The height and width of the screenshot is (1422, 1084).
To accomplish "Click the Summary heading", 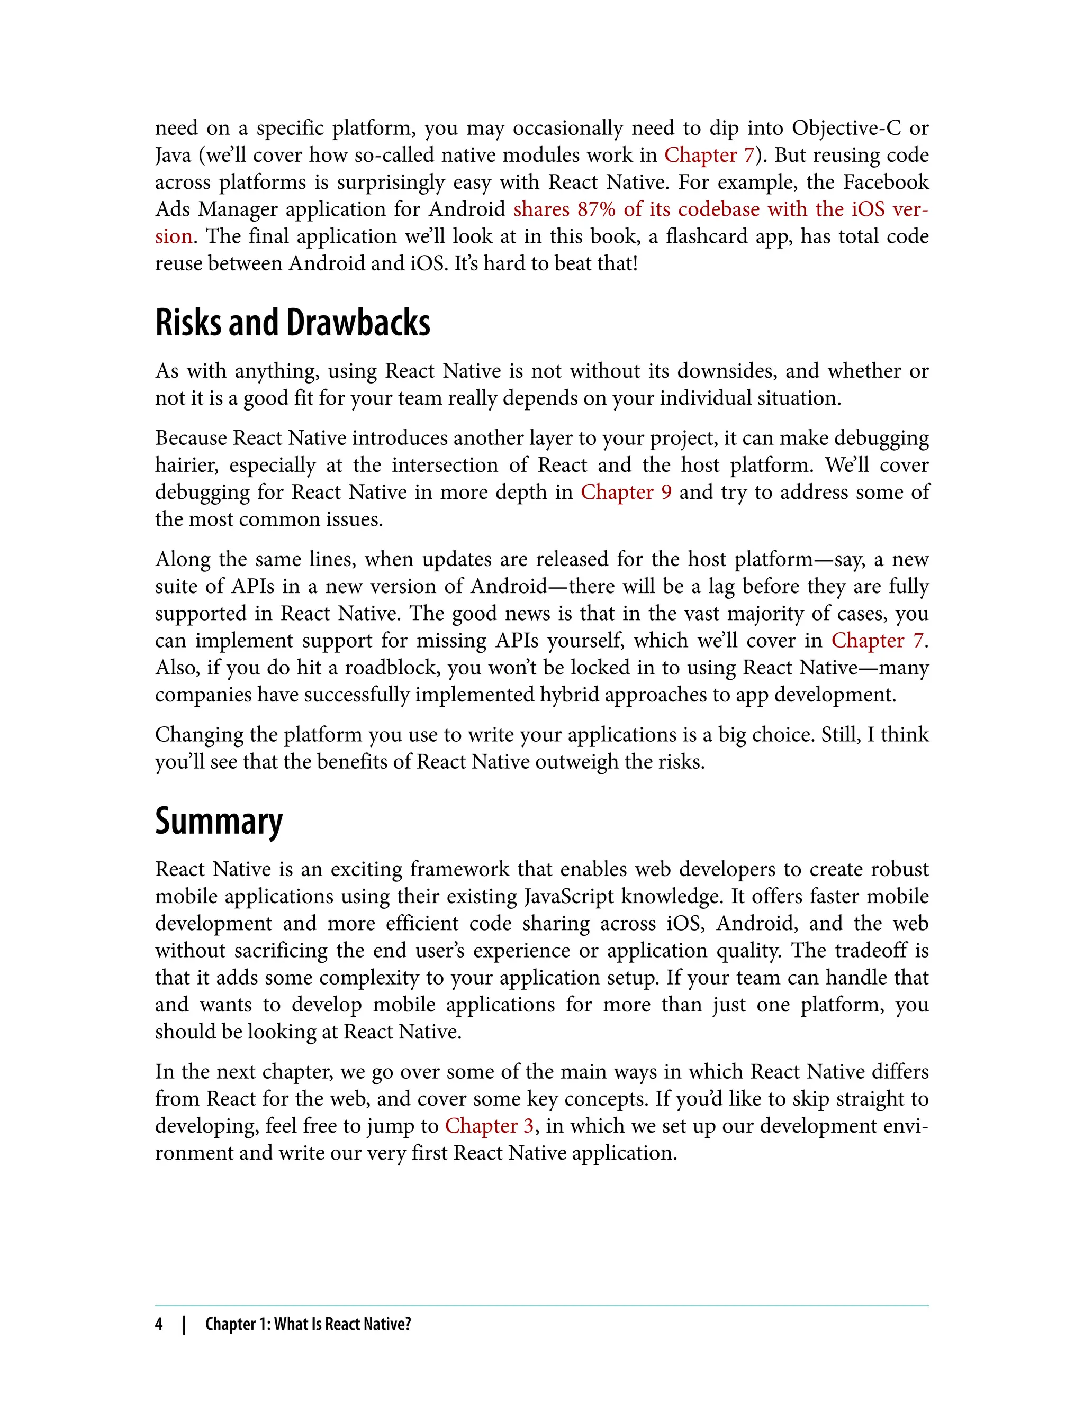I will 219,821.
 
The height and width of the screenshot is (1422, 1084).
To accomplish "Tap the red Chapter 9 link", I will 626,492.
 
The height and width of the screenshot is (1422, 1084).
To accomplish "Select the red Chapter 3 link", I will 489,1126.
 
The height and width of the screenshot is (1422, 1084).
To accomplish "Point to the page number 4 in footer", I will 159,1324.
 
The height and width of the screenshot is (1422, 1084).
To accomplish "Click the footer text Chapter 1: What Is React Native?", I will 308,1324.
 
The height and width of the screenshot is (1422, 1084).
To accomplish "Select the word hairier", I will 186,465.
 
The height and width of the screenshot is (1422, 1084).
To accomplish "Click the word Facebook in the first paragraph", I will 886,183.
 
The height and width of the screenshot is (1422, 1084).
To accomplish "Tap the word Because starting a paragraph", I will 191,438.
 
